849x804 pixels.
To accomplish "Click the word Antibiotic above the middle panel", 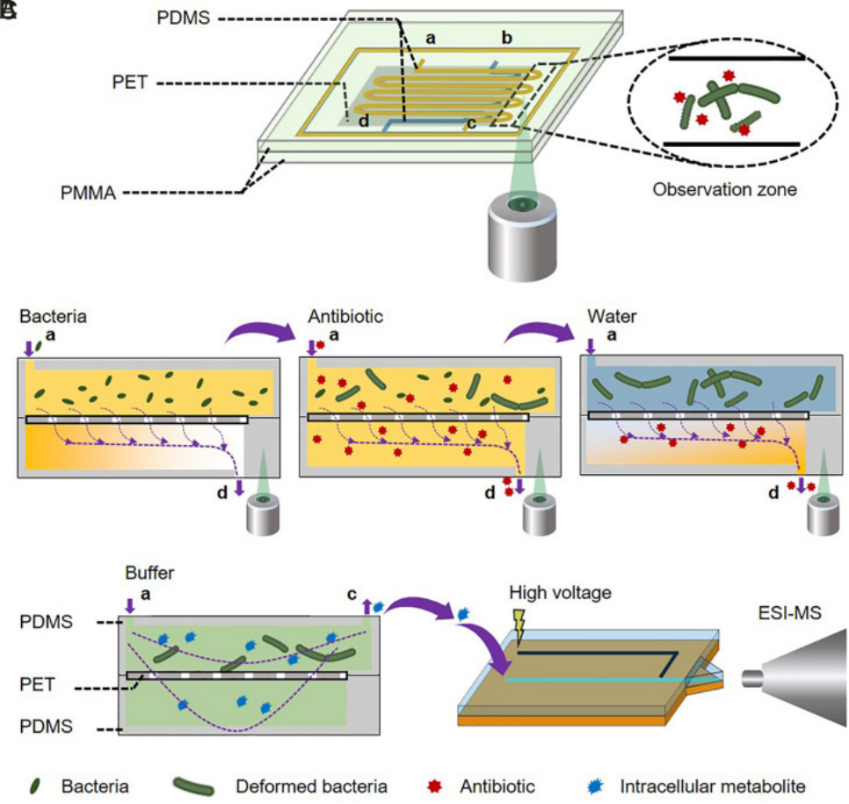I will [345, 316].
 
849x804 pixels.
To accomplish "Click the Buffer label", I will [149, 574].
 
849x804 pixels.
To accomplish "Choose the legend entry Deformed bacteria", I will [311, 786].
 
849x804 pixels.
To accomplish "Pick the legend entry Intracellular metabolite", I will [712, 786].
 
